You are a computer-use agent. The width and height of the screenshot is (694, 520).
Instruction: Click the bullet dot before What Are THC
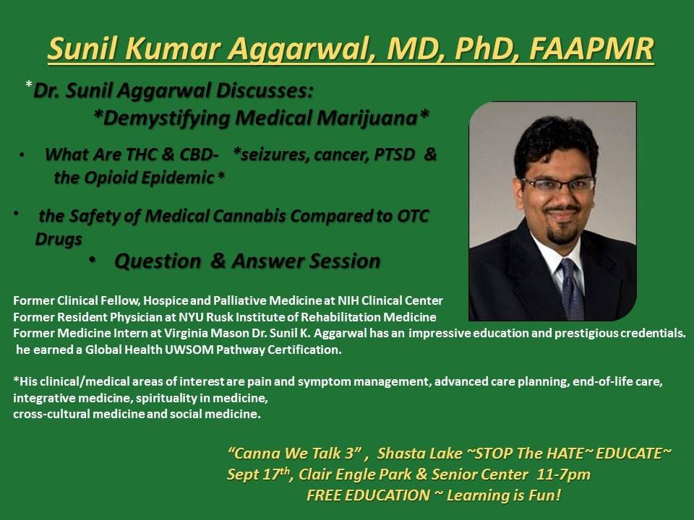click(22, 155)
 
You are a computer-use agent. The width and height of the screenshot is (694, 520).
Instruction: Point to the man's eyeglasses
click(557, 184)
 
